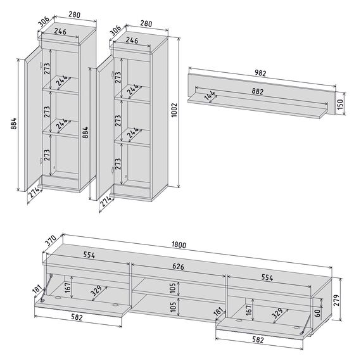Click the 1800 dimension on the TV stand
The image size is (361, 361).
[179, 244]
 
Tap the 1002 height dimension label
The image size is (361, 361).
[174, 110]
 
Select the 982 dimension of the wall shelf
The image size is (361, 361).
[260, 73]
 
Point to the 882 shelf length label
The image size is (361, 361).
[257, 91]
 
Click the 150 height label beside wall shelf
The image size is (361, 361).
[340, 104]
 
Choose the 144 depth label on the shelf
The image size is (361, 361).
[210, 95]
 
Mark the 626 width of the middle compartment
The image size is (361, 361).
[178, 267]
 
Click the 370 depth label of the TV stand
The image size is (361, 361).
[51, 241]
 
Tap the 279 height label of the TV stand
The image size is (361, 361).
[337, 300]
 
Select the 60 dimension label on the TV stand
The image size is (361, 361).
[317, 313]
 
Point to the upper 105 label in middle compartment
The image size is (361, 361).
[173, 288]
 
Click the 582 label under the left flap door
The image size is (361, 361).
[77, 317]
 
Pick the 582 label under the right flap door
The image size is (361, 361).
[258, 339]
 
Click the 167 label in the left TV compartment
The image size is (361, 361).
[68, 287]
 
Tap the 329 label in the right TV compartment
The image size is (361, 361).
[277, 313]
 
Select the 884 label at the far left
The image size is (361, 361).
[14, 123]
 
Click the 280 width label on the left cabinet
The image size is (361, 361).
[74, 15]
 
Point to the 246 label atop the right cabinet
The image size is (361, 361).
[132, 40]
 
